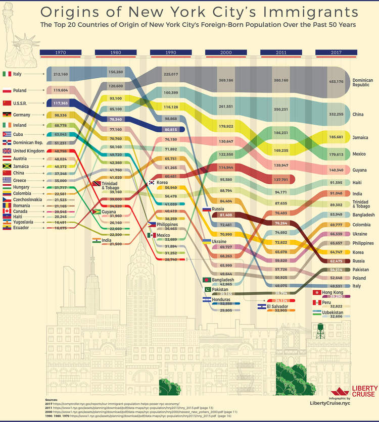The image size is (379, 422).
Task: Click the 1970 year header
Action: point(60,52)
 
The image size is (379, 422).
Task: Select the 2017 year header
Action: point(336,52)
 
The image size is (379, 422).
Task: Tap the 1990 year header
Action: point(170,52)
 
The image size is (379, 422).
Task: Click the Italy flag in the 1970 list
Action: point(7,74)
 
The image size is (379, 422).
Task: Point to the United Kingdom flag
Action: point(7,151)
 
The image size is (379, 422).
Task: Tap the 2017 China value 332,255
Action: point(336,115)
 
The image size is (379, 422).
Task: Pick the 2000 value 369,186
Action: point(225,80)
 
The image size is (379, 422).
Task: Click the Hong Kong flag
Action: point(317,293)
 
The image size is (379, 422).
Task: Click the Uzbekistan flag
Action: point(317,312)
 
